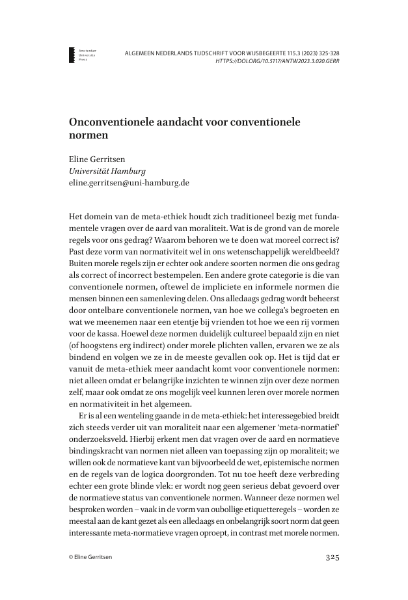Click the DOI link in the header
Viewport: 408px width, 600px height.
277,61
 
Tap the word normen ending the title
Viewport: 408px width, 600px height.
87,137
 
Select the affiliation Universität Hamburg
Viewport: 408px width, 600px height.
107,171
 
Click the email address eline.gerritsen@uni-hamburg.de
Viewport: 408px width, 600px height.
129,183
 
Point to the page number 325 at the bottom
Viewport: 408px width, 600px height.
332,557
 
